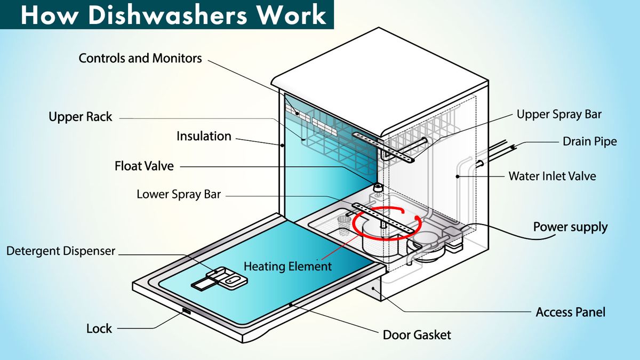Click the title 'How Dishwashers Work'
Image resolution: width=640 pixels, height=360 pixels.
(x=173, y=15)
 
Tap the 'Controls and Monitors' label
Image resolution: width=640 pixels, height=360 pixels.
(x=140, y=58)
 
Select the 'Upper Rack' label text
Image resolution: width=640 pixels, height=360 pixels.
(x=81, y=117)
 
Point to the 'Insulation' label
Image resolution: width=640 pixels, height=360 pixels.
(x=204, y=136)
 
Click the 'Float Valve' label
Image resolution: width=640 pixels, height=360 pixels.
(x=144, y=166)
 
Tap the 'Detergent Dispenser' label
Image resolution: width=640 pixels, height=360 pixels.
(x=61, y=250)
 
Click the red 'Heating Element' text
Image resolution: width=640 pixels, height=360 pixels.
(x=287, y=266)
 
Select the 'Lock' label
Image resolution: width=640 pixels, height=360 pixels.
(x=99, y=328)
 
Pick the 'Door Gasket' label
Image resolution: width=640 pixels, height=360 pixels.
(x=417, y=335)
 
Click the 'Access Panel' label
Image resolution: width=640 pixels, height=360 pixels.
(x=570, y=311)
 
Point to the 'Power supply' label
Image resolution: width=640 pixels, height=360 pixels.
(x=570, y=227)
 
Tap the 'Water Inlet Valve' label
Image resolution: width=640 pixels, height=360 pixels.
(x=552, y=176)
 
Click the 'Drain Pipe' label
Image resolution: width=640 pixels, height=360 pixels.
(x=589, y=141)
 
